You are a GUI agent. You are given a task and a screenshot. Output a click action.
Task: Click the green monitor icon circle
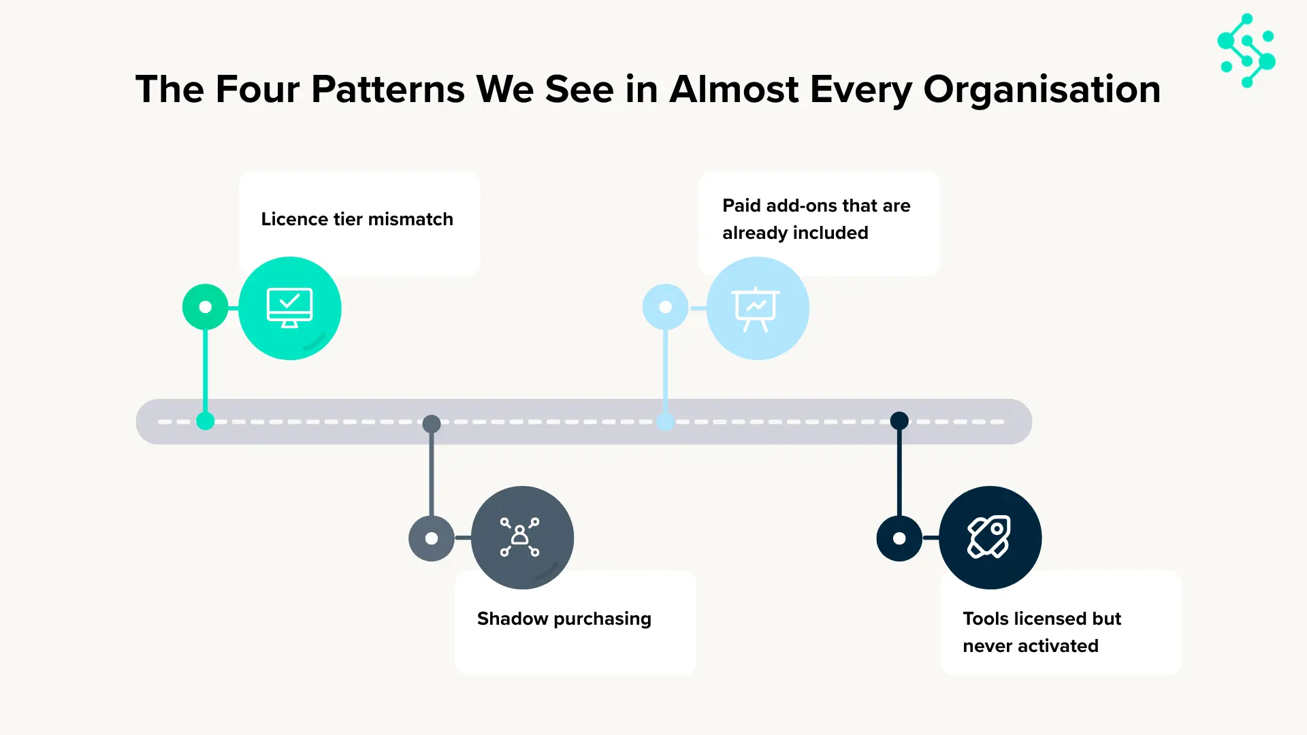(x=290, y=308)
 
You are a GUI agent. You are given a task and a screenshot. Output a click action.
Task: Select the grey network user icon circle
(x=522, y=538)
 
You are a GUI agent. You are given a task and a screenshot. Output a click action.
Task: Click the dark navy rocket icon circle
(x=990, y=538)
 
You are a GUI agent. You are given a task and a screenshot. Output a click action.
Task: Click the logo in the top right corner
(x=1246, y=50)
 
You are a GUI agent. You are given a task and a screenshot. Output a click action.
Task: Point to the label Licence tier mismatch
(x=357, y=219)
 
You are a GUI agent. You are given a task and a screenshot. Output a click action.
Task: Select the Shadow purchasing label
(x=564, y=619)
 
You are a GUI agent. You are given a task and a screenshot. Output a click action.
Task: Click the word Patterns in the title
(x=388, y=89)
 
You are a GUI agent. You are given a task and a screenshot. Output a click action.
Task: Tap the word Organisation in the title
(x=1042, y=89)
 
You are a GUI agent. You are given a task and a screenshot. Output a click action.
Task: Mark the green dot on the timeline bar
(x=205, y=421)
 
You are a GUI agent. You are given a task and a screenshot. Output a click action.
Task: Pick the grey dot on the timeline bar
(x=432, y=424)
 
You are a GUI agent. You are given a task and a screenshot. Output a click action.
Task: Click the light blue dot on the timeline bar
(x=665, y=421)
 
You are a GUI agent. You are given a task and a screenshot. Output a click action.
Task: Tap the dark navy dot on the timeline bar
(x=899, y=421)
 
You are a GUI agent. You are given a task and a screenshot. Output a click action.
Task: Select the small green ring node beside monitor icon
(x=205, y=307)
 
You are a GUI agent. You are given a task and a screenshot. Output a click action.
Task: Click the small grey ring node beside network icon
(x=432, y=538)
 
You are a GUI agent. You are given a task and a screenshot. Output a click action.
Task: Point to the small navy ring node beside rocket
(x=899, y=538)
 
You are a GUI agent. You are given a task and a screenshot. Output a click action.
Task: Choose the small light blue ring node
(x=665, y=307)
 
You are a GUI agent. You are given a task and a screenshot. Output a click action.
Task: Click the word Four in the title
(x=257, y=89)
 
